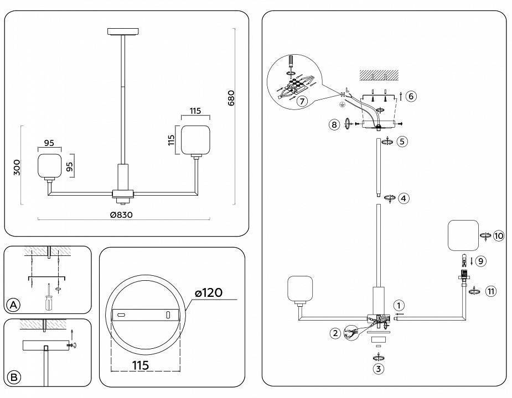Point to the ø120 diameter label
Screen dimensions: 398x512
point(209,292)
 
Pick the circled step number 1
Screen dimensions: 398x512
point(399,305)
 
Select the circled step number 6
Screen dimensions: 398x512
point(410,96)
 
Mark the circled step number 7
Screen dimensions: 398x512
point(302,101)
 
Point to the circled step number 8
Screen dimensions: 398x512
point(334,124)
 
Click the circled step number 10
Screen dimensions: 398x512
point(499,236)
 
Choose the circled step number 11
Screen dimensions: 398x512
point(490,290)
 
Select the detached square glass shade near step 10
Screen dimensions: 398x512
point(462,235)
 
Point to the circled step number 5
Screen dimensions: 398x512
point(402,142)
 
